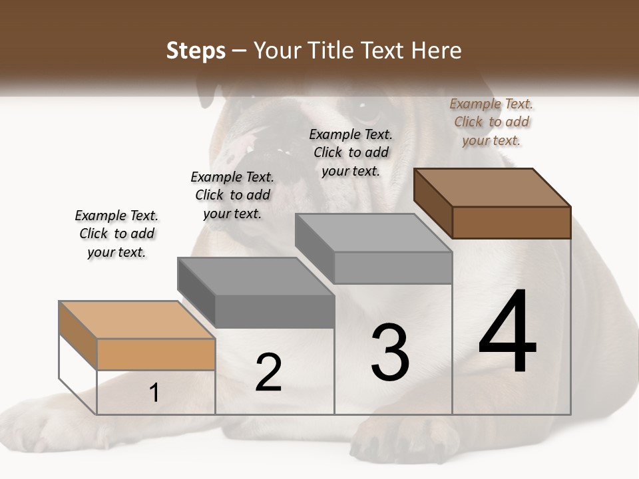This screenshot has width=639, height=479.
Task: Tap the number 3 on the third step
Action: (389, 352)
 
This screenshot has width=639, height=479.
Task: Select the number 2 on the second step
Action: (268, 373)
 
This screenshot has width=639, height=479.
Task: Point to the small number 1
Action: (154, 393)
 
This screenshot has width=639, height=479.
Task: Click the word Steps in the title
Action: (196, 51)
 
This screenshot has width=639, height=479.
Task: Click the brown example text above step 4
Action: (491, 122)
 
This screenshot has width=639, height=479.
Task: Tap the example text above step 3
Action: (351, 152)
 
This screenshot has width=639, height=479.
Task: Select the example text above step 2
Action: (232, 195)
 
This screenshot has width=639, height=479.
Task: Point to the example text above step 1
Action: (116, 234)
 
